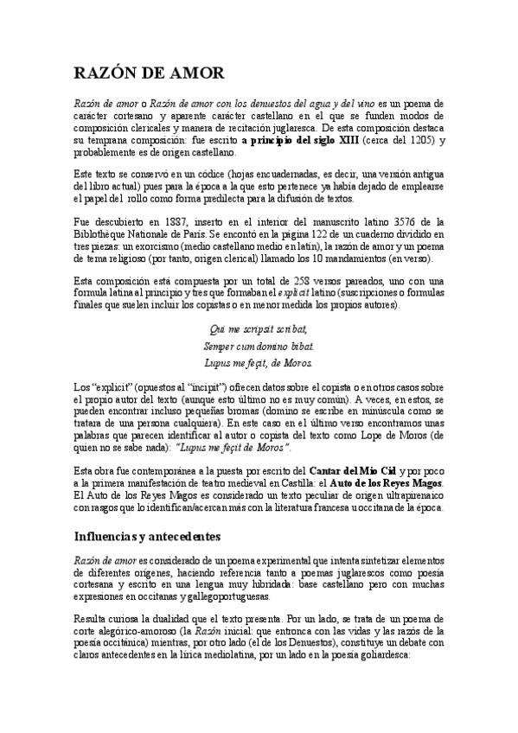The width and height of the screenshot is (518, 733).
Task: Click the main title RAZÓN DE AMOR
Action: [x=148, y=74]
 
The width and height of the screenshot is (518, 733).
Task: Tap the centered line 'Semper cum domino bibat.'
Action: [x=258, y=345]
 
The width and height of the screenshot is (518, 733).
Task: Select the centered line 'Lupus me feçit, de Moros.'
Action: [x=258, y=361]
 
